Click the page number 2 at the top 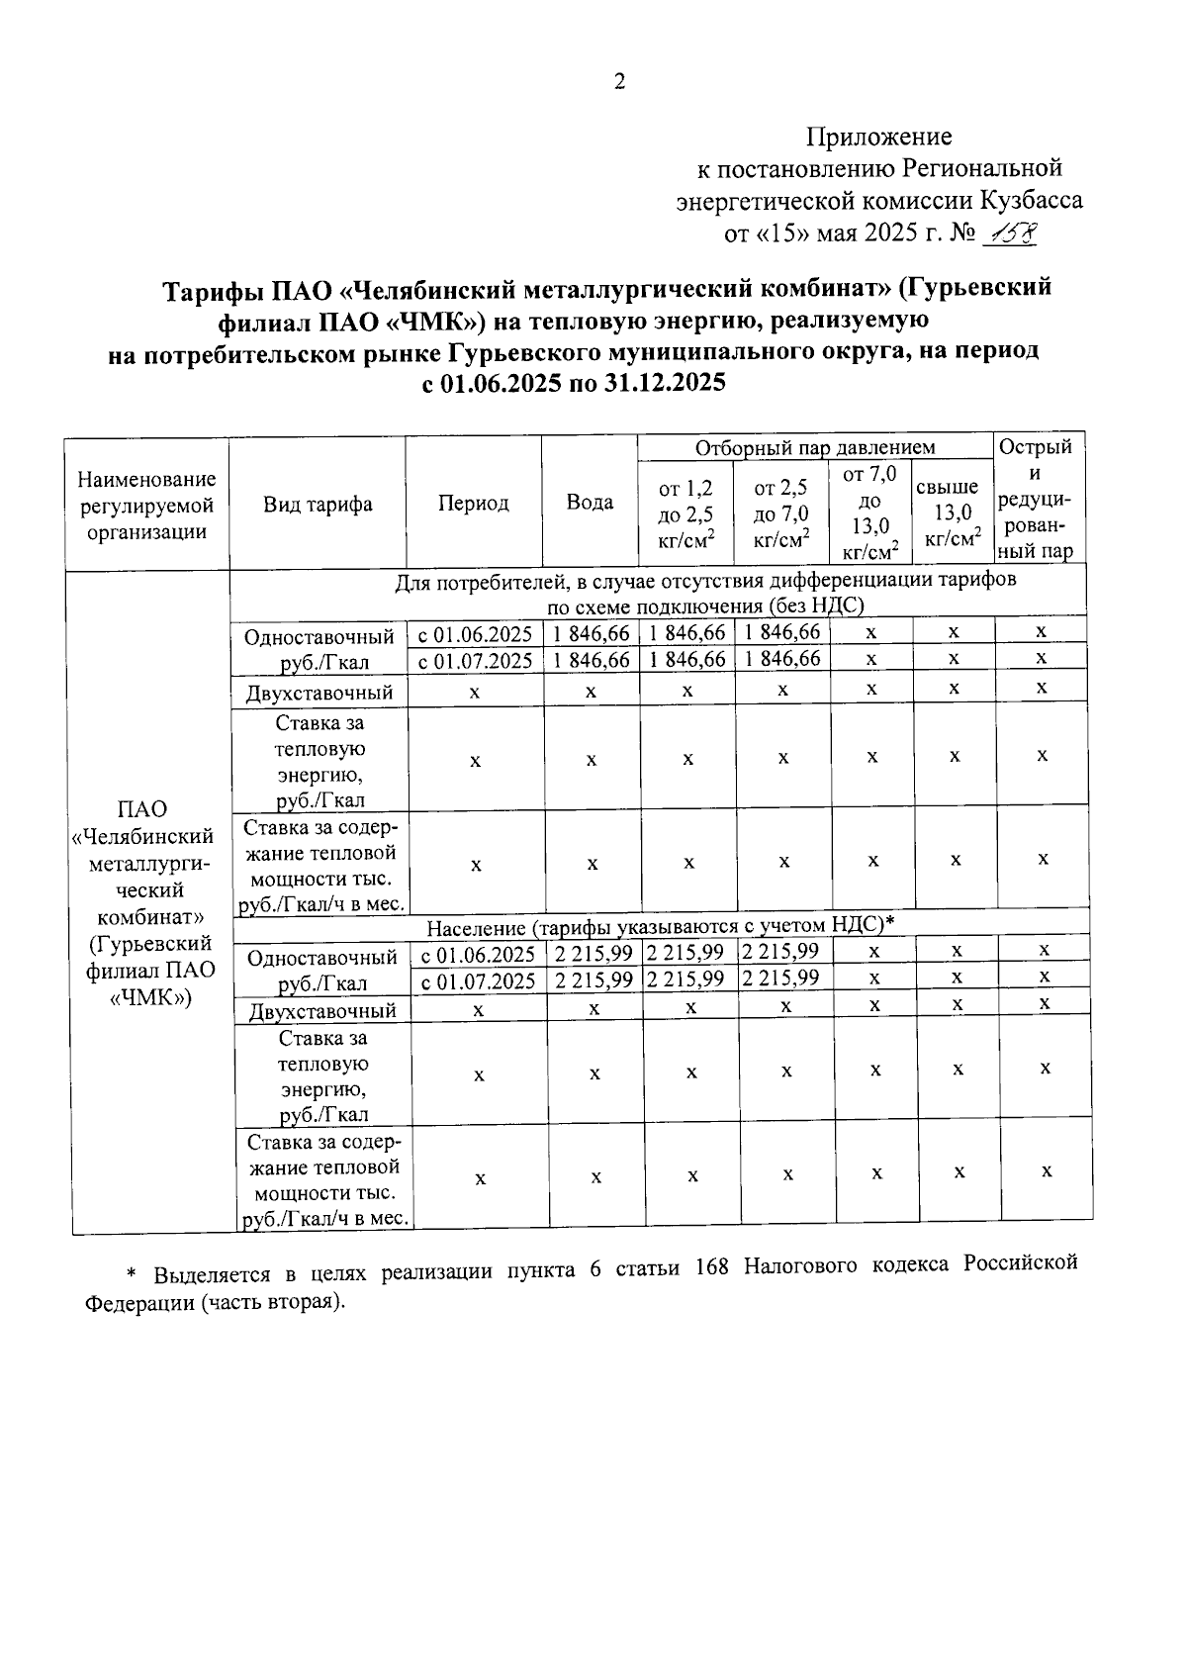click(620, 82)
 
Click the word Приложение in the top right click(878, 137)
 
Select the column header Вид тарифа click(318, 504)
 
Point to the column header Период click(473, 503)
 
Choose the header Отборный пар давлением click(814, 448)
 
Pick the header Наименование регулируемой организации click(146, 505)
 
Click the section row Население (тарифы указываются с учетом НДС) click(660, 925)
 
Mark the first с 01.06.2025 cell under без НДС click(475, 633)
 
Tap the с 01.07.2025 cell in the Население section click(479, 980)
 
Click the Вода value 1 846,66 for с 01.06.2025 click(591, 633)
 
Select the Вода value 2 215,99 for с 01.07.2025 click(593, 980)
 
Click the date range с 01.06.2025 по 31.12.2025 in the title click(574, 383)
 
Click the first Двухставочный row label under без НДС click(319, 692)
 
